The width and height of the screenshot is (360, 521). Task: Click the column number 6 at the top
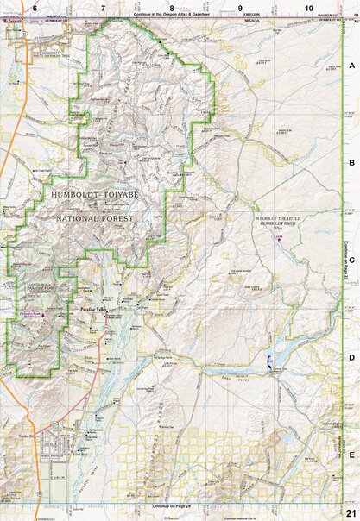(x=34, y=7)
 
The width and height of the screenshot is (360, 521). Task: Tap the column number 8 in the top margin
(x=172, y=7)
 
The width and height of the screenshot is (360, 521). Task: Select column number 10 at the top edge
(x=308, y=7)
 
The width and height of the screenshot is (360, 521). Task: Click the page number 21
(x=350, y=512)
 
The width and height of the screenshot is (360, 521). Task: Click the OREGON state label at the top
(x=252, y=15)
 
